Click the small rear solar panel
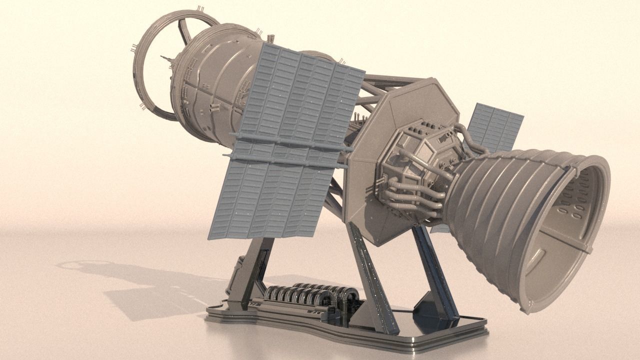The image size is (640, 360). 495,127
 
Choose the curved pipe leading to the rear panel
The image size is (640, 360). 470,137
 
